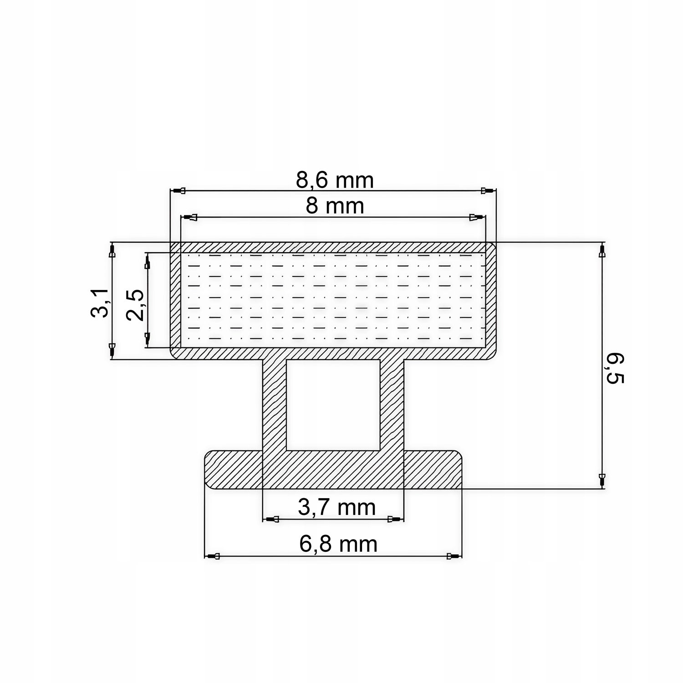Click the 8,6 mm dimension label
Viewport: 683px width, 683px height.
(335, 180)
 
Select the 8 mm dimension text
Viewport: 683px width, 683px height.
(335, 206)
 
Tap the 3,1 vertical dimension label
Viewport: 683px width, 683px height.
(99, 302)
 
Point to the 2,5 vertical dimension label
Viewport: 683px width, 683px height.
(135, 305)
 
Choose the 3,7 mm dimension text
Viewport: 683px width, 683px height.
(337, 507)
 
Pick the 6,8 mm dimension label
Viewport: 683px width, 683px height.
(338, 544)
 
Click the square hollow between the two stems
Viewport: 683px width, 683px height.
(333, 404)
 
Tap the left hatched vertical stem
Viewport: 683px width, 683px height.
(275, 404)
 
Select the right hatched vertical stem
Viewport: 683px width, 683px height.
(392, 404)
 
